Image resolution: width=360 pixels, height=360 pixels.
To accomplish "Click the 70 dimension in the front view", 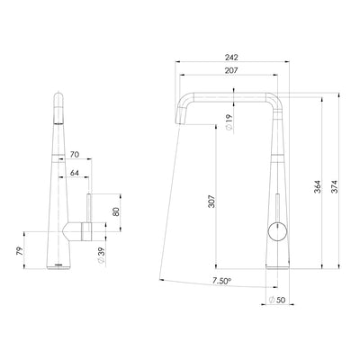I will click(x=75, y=156).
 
